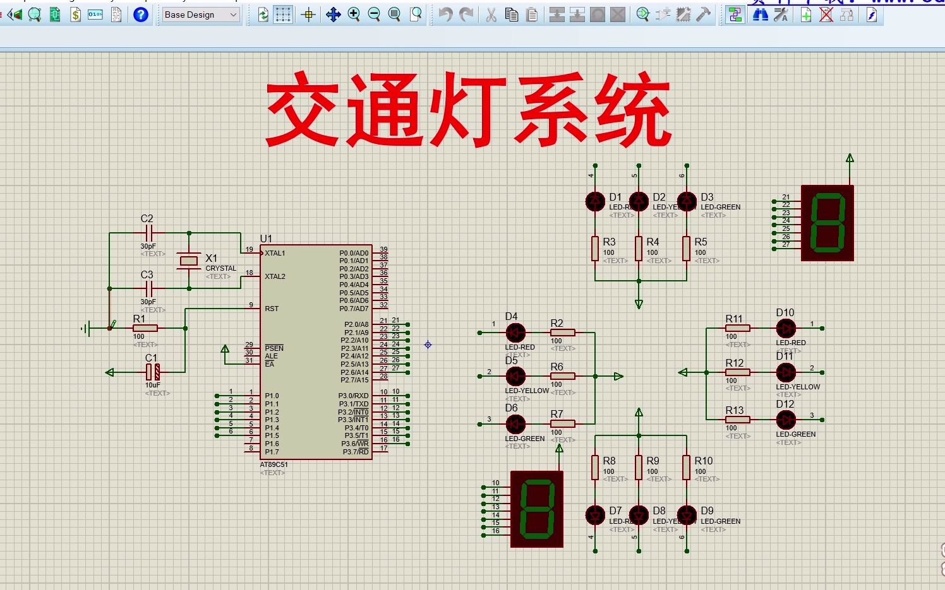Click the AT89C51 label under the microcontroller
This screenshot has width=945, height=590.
(x=274, y=464)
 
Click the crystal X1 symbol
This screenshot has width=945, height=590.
(x=188, y=261)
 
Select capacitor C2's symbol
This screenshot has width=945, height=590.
(x=148, y=233)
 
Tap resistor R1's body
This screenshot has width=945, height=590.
(x=145, y=328)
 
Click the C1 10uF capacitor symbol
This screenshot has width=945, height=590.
(x=153, y=372)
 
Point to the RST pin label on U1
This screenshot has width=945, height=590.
(x=272, y=309)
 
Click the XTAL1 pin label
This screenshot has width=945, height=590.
(x=275, y=253)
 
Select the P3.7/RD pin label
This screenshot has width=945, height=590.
(x=355, y=452)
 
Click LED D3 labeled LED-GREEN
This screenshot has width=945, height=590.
(x=687, y=202)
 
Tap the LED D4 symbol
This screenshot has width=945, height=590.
(x=515, y=333)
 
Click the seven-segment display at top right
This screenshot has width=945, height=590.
(x=827, y=223)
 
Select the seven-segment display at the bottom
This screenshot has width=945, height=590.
(x=536, y=509)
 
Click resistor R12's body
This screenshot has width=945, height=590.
(x=737, y=372)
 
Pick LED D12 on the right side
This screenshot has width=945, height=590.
(x=786, y=420)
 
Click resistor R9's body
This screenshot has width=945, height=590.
(x=639, y=467)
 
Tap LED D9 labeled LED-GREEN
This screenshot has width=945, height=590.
(x=687, y=516)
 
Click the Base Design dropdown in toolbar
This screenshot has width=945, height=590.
(x=201, y=15)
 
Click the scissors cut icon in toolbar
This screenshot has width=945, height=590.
(x=491, y=15)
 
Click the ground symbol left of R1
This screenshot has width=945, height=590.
(x=87, y=328)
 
